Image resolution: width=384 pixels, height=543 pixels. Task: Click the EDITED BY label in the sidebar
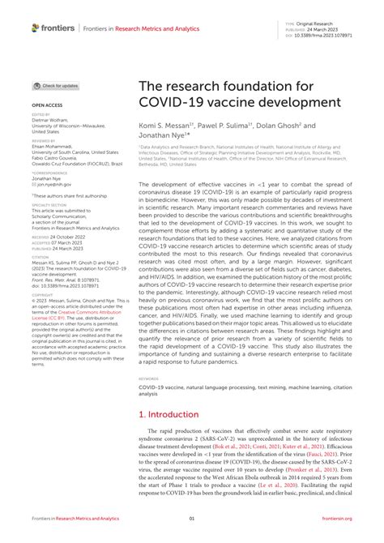point(41,115)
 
